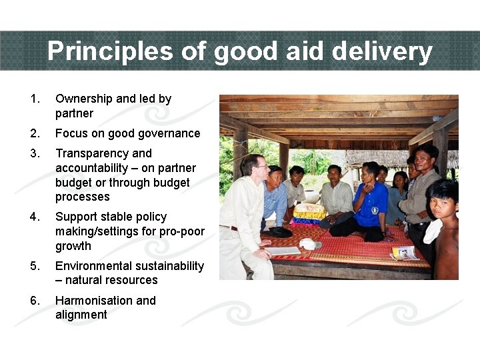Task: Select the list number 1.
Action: tap(35, 99)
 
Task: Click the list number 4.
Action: tap(35, 217)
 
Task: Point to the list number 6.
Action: tap(35, 301)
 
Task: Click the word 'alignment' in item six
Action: tap(81, 315)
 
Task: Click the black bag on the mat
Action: tap(279, 232)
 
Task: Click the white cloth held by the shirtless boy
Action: tap(433, 231)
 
